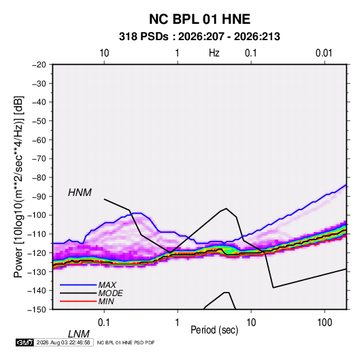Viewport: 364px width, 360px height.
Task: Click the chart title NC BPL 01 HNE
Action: tap(199, 19)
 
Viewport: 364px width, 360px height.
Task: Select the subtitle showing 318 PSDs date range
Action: tap(199, 37)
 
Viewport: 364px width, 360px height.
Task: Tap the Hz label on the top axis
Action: tap(214, 53)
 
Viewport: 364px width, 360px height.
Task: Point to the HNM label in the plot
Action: tap(80, 193)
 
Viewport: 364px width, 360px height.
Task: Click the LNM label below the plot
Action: tap(78, 334)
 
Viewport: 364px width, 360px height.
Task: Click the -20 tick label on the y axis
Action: tap(39, 65)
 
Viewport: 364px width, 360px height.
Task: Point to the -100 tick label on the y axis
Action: tap(37, 215)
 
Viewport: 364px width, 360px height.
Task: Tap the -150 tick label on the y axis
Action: tap(37, 310)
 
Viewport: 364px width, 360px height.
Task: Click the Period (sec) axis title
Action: tap(214, 330)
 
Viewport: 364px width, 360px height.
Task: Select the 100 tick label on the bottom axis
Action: tap(325, 323)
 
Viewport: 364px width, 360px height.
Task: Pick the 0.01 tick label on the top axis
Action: tap(324, 53)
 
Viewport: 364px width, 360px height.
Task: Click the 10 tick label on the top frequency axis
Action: tap(104, 53)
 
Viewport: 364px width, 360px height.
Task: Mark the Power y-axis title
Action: tap(18, 186)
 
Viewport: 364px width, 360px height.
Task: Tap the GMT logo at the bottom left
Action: tap(24, 342)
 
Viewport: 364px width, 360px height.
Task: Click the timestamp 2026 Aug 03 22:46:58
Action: tap(63, 342)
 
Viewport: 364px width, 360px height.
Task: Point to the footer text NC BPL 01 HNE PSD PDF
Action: tap(126, 342)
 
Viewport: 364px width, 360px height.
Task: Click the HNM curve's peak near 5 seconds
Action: tap(226, 208)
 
